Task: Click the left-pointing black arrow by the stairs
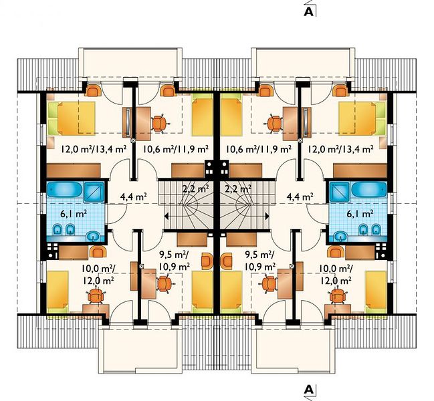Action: (x=167, y=217)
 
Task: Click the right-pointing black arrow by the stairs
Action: (x=267, y=217)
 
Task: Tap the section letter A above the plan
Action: (x=309, y=11)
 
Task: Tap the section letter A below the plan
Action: (x=309, y=390)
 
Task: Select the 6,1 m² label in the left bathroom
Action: (x=74, y=213)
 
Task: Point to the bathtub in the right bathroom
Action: (x=369, y=190)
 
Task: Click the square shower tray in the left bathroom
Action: (x=94, y=190)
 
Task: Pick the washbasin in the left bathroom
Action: (x=95, y=237)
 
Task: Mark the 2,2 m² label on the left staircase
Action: (x=195, y=189)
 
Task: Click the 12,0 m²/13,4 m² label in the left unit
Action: (x=94, y=149)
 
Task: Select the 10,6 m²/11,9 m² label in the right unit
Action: (x=259, y=149)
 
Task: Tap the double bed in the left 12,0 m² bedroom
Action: (x=72, y=118)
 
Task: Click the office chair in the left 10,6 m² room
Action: (x=160, y=124)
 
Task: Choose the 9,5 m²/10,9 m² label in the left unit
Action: (x=175, y=260)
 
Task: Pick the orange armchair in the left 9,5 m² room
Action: (x=207, y=261)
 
